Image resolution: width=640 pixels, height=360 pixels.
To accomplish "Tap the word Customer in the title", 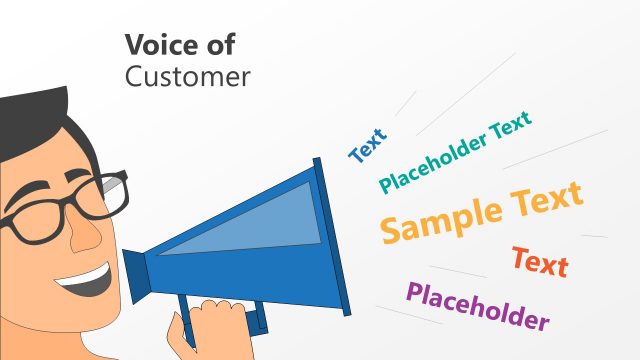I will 187,77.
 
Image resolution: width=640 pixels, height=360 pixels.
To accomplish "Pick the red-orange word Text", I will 540,262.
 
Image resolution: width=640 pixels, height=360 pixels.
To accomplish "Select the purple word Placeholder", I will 478,306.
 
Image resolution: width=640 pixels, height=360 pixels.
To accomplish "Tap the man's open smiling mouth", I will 85,283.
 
